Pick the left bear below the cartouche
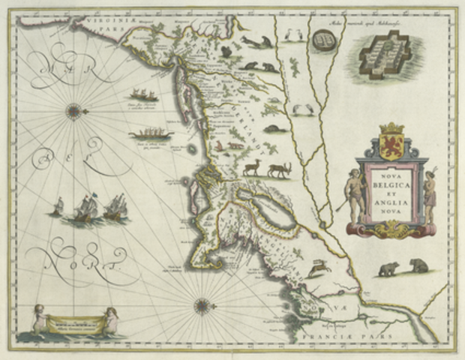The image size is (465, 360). (x=388, y=268)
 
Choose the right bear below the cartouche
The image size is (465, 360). (x=418, y=265)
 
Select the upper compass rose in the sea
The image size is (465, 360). (x=73, y=112)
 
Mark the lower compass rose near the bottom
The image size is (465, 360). (x=201, y=305)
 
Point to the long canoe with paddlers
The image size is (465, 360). (x=151, y=135)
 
